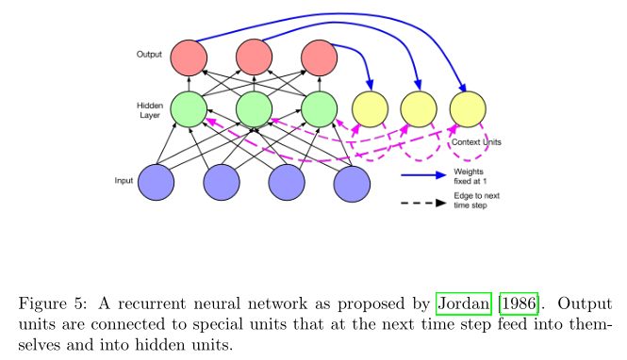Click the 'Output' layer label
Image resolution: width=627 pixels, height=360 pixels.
click(x=149, y=54)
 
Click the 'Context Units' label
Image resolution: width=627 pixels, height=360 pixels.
click(x=476, y=141)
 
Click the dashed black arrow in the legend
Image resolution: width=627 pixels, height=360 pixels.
click(x=423, y=203)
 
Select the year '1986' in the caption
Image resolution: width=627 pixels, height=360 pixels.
click(x=518, y=304)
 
